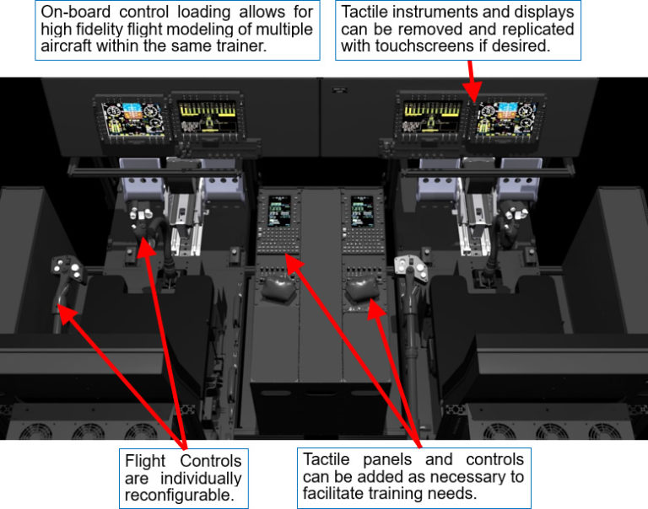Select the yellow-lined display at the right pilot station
click(x=431, y=119)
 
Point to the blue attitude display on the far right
click(x=506, y=121)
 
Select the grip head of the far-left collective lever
click(x=67, y=271)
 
